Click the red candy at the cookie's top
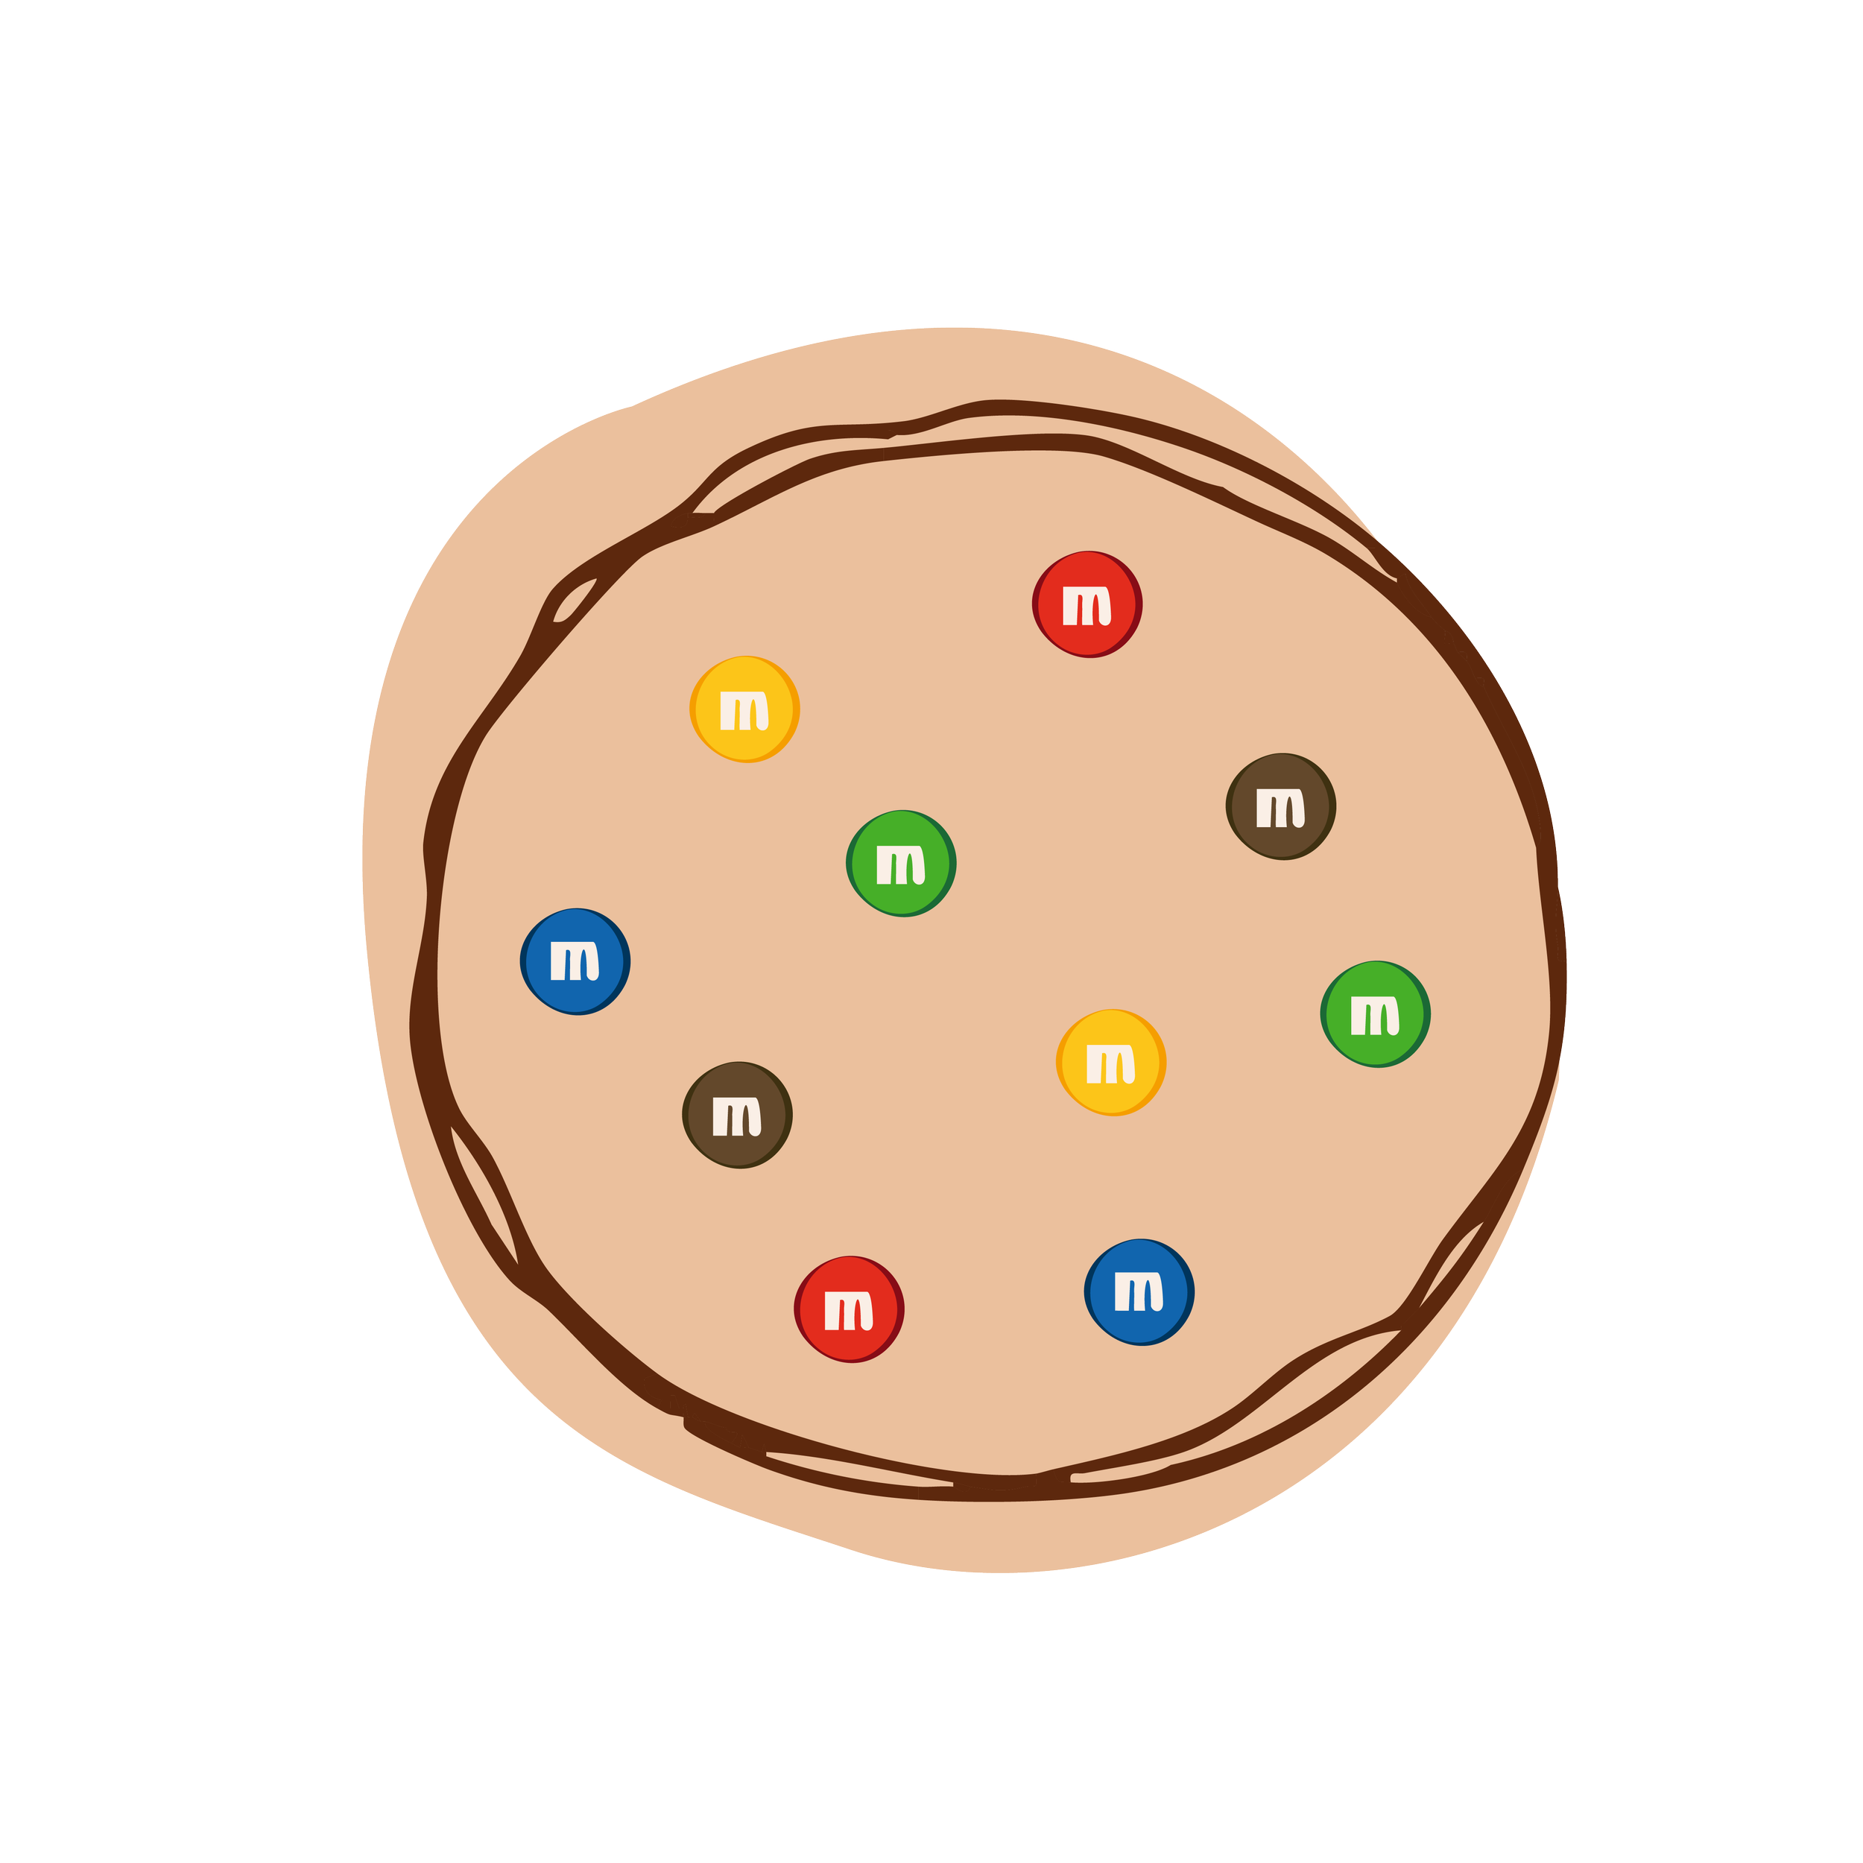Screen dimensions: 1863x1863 pyautogui.click(x=1087, y=604)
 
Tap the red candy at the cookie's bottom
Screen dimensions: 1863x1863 pyautogui.click(x=849, y=1309)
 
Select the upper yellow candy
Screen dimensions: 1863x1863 pyautogui.click(x=744, y=709)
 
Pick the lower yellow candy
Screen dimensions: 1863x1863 pyautogui.click(x=1111, y=1063)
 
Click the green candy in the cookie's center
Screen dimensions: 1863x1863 pyautogui.click(x=901, y=863)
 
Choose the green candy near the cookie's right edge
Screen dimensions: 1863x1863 pyautogui.click(x=1375, y=1013)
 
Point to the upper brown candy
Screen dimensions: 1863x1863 pyautogui.click(x=1280, y=806)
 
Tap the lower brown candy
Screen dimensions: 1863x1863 pyautogui.click(x=738, y=1115)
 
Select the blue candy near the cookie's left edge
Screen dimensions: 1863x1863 pyautogui.click(x=575, y=961)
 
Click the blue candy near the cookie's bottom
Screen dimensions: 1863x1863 pyautogui.click(x=1139, y=1292)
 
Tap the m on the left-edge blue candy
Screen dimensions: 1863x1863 pyautogui.click(x=575, y=962)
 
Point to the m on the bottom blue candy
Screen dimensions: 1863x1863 pyautogui.click(x=1139, y=1293)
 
